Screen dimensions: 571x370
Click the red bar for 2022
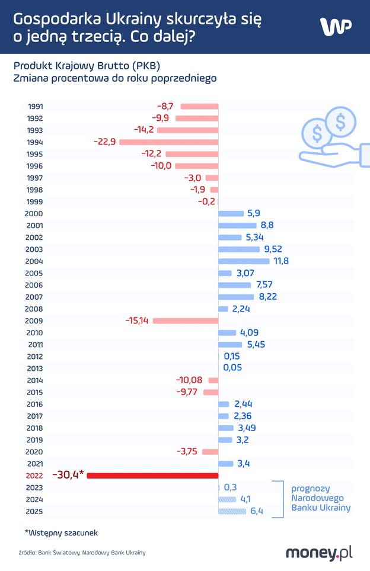[x=153, y=475]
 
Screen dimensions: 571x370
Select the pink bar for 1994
[x=168, y=142]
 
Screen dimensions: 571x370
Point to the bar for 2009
[x=186, y=320]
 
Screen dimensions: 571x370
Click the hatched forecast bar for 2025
[x=232, y=511]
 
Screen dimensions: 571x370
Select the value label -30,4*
[x=68, y=475]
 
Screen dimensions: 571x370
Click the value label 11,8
[x=280, y=261]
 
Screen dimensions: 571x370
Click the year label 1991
[x=35, y=107]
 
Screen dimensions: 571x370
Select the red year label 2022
[x=35, y=475]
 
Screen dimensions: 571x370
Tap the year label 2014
[x=35, y=380]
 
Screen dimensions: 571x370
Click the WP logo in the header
[x=336, y=27]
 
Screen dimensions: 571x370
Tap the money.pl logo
[x=319, y=553]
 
